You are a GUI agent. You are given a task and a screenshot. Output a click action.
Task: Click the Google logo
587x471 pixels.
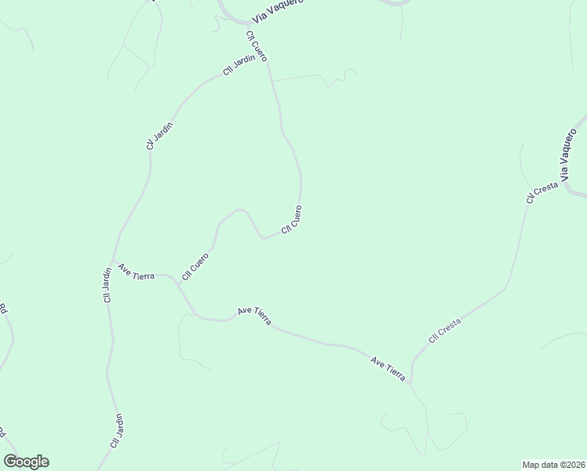tap(26, 462)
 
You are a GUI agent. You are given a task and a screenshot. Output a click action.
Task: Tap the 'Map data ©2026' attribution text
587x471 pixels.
tap(553, 464)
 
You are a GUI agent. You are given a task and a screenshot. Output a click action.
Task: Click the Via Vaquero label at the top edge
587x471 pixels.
tap(277, 10)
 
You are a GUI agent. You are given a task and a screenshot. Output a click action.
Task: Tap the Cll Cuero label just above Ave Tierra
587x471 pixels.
tap(195, 266)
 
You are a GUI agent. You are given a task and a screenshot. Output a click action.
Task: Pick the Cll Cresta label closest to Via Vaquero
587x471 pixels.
tap(542, 192)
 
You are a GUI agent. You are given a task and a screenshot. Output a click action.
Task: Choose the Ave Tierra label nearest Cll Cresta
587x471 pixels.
tap(388, 369)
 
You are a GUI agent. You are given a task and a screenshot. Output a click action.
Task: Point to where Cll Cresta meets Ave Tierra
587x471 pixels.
tap(410, 384)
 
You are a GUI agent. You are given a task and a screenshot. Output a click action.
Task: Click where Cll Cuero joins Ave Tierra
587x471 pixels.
tap(177, 279)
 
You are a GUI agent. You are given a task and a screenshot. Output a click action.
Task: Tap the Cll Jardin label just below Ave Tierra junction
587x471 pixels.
tap(108, 285)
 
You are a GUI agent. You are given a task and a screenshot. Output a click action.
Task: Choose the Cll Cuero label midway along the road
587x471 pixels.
tap(291, 220)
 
